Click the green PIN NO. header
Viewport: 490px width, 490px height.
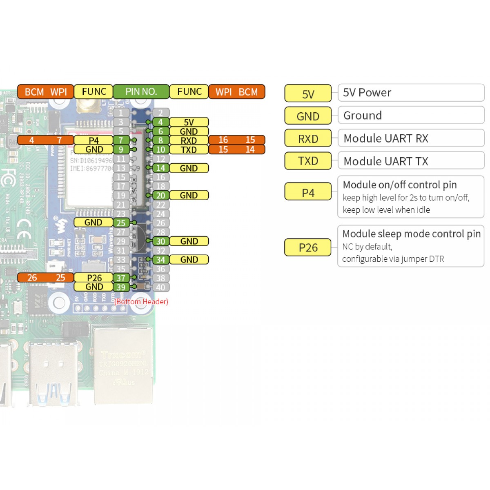point(141,92)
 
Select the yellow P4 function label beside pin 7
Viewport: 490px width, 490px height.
point(94,140)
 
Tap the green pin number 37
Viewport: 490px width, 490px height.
point(121,278)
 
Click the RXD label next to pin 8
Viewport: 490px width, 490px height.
point(189,140)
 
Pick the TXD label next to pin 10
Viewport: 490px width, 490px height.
point(189,150)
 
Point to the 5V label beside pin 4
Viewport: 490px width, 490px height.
point(189,122)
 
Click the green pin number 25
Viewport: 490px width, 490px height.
point(121,223)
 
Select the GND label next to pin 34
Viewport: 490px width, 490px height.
point(189,260)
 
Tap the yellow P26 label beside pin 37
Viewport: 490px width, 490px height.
point(94,278)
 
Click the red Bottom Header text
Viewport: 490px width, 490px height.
point(141,302)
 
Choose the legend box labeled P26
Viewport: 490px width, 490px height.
point(308,247)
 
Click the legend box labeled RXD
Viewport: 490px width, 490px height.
point(308,139)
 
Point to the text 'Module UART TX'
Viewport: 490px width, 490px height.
point(386,161)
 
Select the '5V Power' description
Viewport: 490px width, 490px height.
point(367,93)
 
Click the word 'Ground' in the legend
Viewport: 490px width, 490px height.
point(363,116)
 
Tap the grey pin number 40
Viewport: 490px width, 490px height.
point(161,287)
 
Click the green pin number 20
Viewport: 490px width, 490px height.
point(161,196)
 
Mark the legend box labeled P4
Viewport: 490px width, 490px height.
point(308,193)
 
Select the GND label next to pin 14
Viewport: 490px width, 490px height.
point(189,168)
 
